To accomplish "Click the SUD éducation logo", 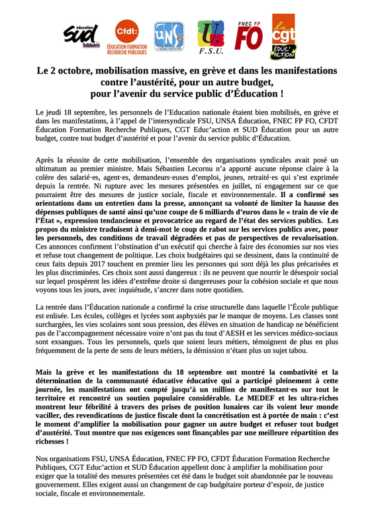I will [x=81, y=37].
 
